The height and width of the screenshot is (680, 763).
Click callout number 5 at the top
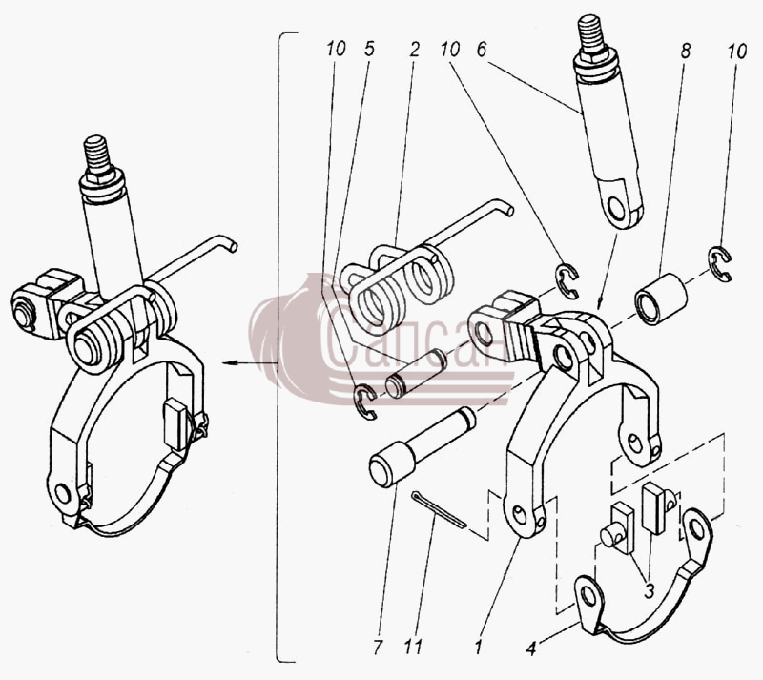(369, 50)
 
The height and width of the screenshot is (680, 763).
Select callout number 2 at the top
(414, 50)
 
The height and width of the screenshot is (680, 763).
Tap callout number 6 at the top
(482, 50)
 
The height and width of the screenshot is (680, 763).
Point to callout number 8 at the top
(686, 51)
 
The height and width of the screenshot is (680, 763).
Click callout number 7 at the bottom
(378, 647)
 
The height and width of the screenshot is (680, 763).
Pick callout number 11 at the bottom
(413, 647)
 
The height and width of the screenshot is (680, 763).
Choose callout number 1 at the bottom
(479, 647)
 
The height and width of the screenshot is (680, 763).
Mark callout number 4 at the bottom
(531, 648)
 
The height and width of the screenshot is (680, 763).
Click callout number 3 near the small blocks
(649, 591)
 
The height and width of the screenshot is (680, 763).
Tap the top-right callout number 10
(737, 52)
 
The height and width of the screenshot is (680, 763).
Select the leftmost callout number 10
(336, 49)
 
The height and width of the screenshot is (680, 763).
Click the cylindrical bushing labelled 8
(661, 299)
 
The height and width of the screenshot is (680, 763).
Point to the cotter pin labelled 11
(439, 509)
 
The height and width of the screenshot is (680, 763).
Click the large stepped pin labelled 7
(422, 446)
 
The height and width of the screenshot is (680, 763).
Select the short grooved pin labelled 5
(416, 373)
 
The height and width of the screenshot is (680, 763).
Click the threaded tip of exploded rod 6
(590, 34)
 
